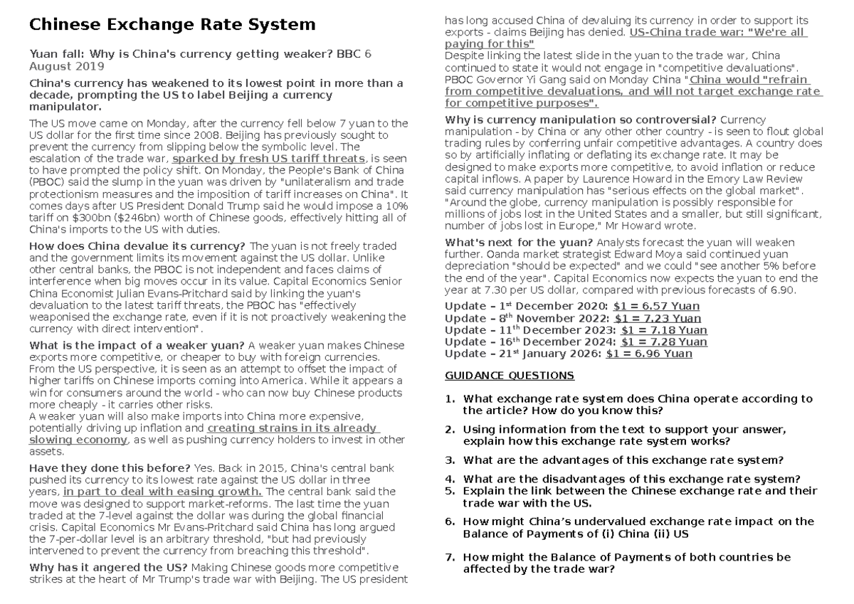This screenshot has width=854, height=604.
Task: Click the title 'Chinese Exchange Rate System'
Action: [x=171, y=26]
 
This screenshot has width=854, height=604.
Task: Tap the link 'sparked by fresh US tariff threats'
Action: [x=269, y=158]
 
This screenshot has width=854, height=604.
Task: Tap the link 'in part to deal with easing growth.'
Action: [x=162, y=491]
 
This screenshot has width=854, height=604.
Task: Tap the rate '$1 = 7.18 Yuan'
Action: [x=663, y=330]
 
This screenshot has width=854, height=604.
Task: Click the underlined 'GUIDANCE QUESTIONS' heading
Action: [x=509, y=375]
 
